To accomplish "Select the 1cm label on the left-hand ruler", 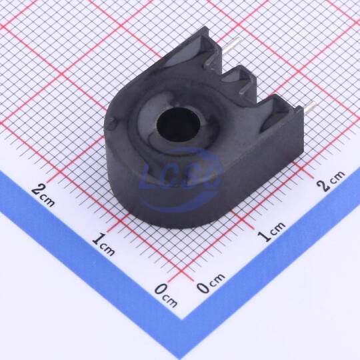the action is (x=103, y=244).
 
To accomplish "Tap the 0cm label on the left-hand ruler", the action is (x=166, y=295).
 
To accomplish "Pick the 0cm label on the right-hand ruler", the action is (x=211, y=283).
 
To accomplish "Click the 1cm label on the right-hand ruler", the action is (x=271, y=231).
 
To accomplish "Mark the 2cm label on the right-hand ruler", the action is (x=331, y=181).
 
